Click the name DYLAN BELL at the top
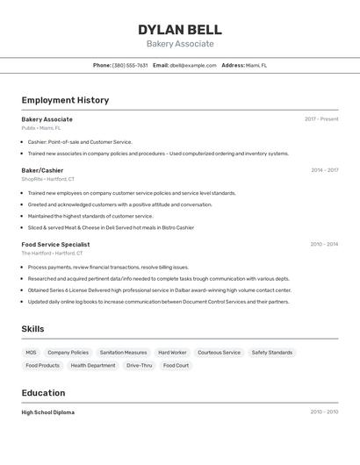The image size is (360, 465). pyautogui.click(x=180, y=30)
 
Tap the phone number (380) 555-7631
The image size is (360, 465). pyautogui.click(x=130, y=65)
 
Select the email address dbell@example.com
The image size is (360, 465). pyautogui.click(x=193, y=65)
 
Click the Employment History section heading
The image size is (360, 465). pyautogui.click(x=65, y=100)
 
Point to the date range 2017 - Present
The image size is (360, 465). pyautogui.click(x=321, y=119)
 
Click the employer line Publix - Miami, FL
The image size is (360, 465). pyautogui.click(x=41, y=128)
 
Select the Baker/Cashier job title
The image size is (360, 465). pyautogui.click(x=42, y=170)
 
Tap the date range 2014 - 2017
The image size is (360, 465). pyautogui.click(x=324, y=170)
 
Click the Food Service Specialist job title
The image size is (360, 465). pyautogui.click(x=55, y=245)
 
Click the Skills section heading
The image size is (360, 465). pyautogui.click(x=33, y=329)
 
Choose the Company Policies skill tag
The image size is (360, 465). pyautogui.click(x=68, y=353)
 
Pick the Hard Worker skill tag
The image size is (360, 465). pyautogui.click(x=172, y=353)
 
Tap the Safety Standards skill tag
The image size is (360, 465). pyautogui.click(x=272, y=353)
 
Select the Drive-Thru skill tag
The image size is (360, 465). pyautogui.click(x=139, y=365)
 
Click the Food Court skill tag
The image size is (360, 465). pyautogui.click(x=176, y=365)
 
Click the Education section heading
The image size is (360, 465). pyautogui.click(x=44, y=393)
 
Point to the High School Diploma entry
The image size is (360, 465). pyautogui.click(x=48, y=412)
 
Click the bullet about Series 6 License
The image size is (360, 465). pyautogui.click(x=159, y=290)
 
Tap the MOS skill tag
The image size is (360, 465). pyautogui.click(x=32, y=353)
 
